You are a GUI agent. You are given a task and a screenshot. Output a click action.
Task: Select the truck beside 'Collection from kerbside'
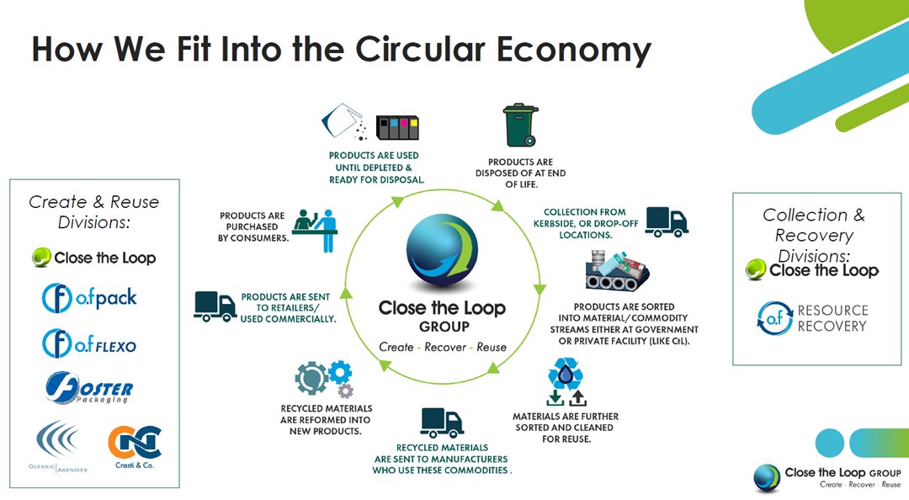[x=667, y=221]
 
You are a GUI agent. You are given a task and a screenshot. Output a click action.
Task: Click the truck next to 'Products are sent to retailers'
[x=215, y=306]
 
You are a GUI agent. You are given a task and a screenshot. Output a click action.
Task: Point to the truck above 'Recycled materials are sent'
[x=442, y=423]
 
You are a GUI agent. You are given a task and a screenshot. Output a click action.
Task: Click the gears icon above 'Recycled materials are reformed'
[x=323, y=380]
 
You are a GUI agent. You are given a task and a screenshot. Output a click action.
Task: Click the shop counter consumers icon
[x=315, y=228]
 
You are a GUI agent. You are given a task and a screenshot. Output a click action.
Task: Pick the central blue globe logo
[x=442, y=250]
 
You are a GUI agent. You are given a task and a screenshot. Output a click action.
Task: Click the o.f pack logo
[x=89, y=297]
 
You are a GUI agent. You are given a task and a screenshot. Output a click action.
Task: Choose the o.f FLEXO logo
[x=89, y=343]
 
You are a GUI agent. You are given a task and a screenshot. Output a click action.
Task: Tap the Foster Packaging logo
[x=90, y=388]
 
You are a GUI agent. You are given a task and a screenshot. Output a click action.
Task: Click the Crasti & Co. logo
[x=135, y=447]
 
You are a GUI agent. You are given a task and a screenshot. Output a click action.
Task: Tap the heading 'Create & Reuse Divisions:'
[x=93, y=211]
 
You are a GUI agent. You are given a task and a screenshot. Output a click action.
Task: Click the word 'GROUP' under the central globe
[x=442, y=327]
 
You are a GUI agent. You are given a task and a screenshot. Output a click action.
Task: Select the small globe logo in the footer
[x=767, y=477]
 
